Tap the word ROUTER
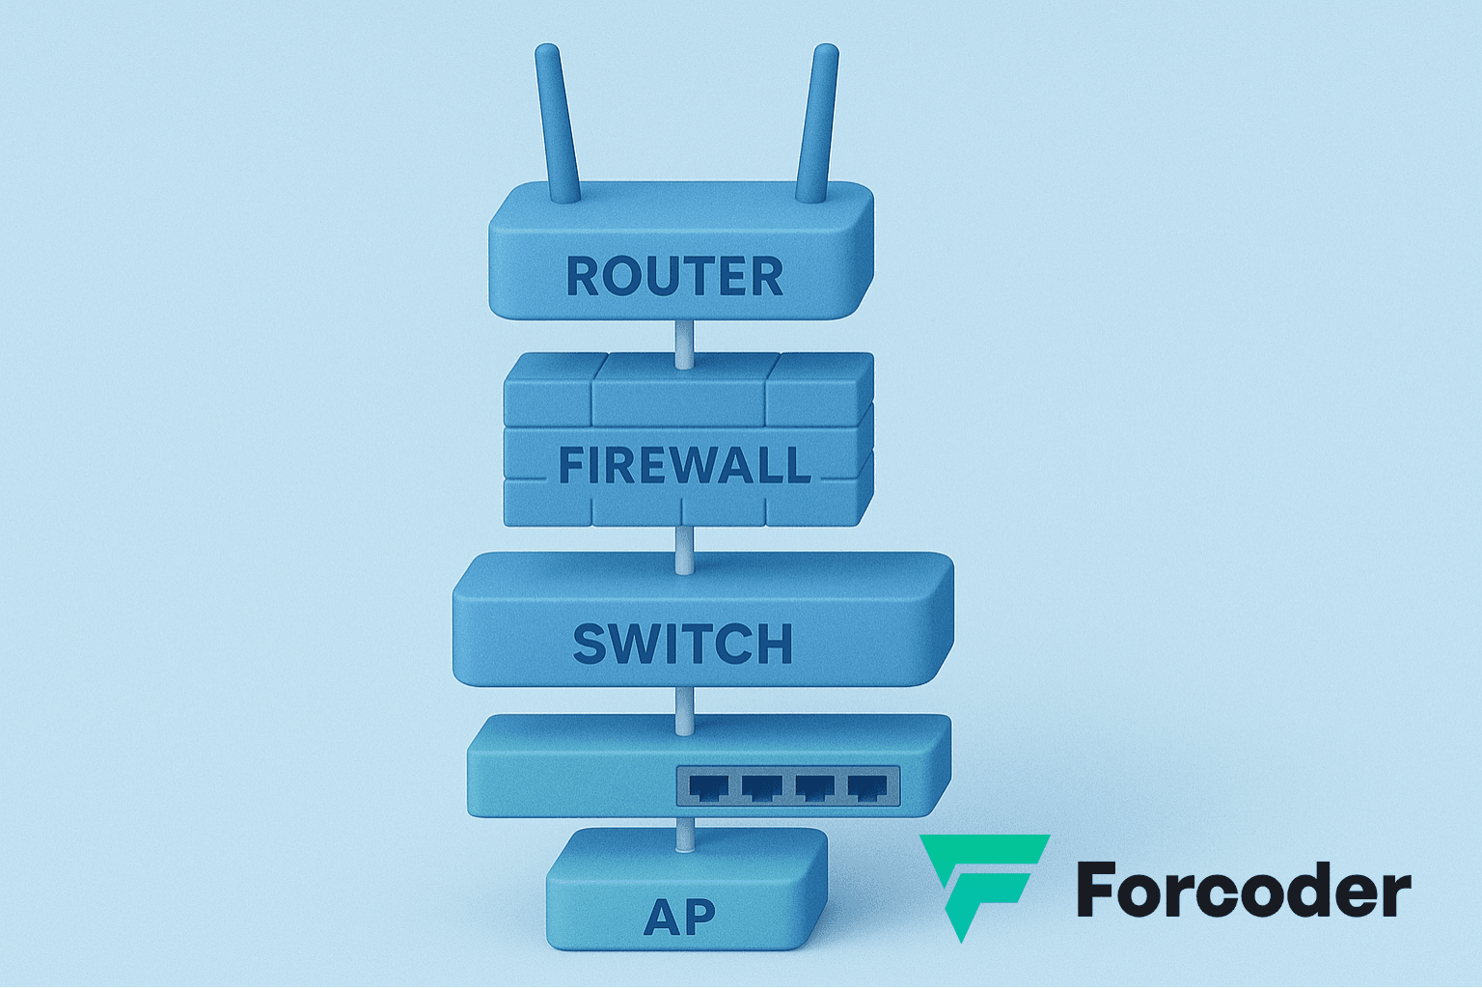pos(674,277)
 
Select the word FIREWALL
pos(684,466)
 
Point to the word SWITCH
pos(682,645)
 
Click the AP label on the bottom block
pos(679,918)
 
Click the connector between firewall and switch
pos(684,548)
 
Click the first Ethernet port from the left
pos(709,787)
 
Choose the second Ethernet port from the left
pos(762,787)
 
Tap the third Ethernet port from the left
pos(815,787)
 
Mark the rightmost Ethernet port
pos(866,787)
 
